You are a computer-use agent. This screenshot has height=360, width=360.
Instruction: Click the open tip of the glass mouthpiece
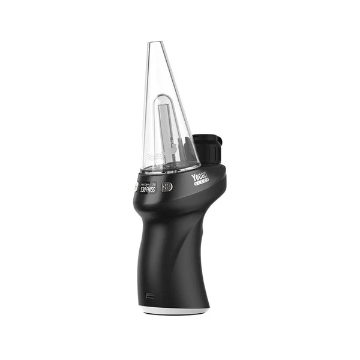[155, 43]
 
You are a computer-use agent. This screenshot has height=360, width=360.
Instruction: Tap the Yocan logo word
[200, 178]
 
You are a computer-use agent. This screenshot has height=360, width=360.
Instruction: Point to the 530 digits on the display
[144, 190]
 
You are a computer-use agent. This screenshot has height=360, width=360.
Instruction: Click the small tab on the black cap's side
[220, 142]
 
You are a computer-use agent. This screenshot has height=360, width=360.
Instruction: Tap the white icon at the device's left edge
[136, 187]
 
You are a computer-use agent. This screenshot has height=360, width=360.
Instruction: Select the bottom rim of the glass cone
[170, 170]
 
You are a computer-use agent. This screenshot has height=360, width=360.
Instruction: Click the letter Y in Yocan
[193, 180]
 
